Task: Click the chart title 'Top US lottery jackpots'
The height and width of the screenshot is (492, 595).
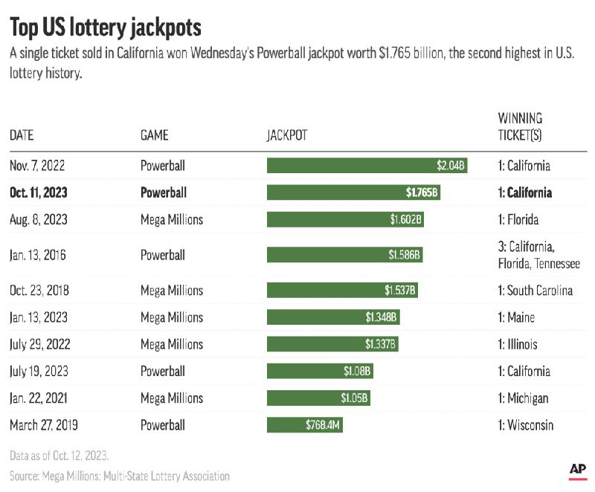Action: (x=106, y=27)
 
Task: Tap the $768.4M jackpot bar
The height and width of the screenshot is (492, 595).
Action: (x=305, y=426)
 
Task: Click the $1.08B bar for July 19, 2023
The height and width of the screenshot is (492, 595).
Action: (x=320, y=372)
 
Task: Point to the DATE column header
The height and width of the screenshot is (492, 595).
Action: (x=22, y=135)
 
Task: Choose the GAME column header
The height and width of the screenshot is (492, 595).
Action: (x=154, y=135)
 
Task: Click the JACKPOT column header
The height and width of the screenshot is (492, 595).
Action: (x=287, y=135)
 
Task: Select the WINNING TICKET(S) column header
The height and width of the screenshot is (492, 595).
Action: (x=520, y=126)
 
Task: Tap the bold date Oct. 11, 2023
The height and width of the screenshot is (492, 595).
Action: (x=39, y=192)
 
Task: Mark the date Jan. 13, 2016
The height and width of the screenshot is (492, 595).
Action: (x=39, y=255)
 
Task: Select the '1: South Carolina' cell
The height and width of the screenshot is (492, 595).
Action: (x=535, y=290)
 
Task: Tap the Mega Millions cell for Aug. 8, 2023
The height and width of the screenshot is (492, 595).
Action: (x=172, y=220)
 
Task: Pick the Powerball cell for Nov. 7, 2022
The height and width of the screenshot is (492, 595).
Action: (x=163, y=166)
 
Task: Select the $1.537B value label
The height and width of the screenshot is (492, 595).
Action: (x=399, y=290)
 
